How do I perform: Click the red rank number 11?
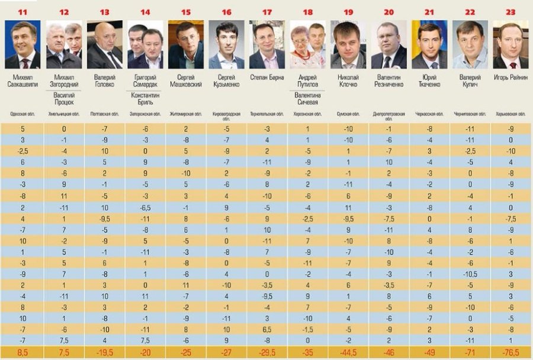pos(23,12)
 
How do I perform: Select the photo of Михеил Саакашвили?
pos(23,44)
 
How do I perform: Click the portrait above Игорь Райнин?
pos(510,44)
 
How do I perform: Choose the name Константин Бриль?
pos(145,101)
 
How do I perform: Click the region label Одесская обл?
pos(23,114)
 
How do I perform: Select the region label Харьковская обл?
pos(510,114)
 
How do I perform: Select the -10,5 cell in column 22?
pos(470,274)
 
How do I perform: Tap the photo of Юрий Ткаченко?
pos(429,44)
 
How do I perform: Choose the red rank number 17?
pos(267,12)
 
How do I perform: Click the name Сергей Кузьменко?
pos(226,81)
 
